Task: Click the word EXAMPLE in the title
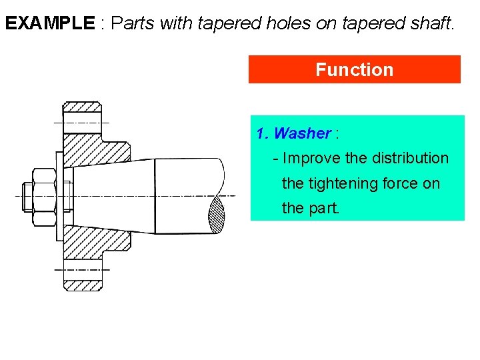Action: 50,24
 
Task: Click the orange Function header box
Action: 354,69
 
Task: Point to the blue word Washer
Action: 302,133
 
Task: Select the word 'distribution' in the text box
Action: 410,159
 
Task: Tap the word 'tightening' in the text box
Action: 341,183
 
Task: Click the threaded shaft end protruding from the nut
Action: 24,195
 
